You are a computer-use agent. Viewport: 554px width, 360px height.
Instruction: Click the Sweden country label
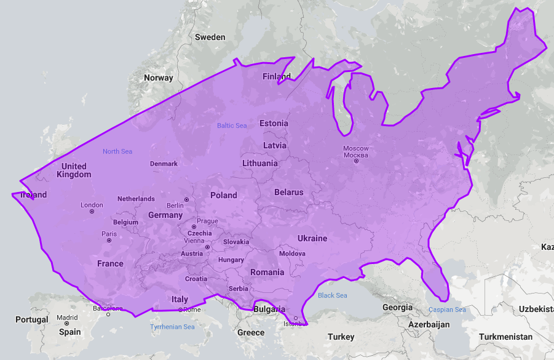tap(210, 37)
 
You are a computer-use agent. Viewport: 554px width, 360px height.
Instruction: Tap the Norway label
tap(159, 78)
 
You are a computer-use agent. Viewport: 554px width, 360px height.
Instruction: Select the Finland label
tap(277, 77)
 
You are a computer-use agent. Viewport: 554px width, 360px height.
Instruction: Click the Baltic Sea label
tap(232, 126)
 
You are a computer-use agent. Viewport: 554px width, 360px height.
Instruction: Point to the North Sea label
tap(117, 151)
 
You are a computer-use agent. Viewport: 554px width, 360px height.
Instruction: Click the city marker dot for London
tap(92, 212)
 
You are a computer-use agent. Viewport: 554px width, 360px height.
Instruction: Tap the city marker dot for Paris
tap(109, 241)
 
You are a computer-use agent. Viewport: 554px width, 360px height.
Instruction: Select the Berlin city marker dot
tap(186, 200)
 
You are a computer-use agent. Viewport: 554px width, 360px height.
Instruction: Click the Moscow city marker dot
tap(356, 161)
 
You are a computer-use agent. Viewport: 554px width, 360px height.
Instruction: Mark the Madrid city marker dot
tap(67, 324)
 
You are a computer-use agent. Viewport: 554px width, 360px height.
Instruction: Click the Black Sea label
tap(333, 295)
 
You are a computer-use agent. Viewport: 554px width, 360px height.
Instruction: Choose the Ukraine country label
tap(312, 238)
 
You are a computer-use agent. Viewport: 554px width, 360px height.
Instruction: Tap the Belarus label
tap(289, 192)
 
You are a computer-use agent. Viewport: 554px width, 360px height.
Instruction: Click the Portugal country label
tap(32, 320)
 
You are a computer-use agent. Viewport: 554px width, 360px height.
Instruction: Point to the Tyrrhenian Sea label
tap(173, 327)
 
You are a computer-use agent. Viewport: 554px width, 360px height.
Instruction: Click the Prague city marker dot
tap(194, 227)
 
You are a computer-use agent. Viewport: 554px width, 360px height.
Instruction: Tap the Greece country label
tap(251, 333)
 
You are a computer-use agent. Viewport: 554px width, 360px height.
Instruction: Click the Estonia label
tap(274, 123)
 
